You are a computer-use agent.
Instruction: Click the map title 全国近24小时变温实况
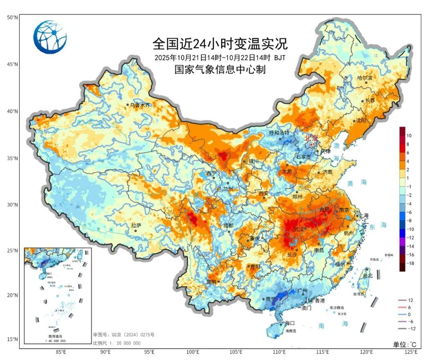220,43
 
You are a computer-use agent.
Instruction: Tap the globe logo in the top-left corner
50,37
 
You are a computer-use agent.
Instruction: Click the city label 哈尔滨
365,78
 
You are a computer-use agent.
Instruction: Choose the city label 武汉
299,229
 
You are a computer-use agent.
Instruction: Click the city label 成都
228,225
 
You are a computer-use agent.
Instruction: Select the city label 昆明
211,282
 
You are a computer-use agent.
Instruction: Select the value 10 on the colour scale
409,135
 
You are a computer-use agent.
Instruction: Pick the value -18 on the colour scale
410,263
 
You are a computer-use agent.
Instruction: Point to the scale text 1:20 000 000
117,343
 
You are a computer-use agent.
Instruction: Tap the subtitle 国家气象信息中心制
220,70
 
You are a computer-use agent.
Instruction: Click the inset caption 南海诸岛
57,336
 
